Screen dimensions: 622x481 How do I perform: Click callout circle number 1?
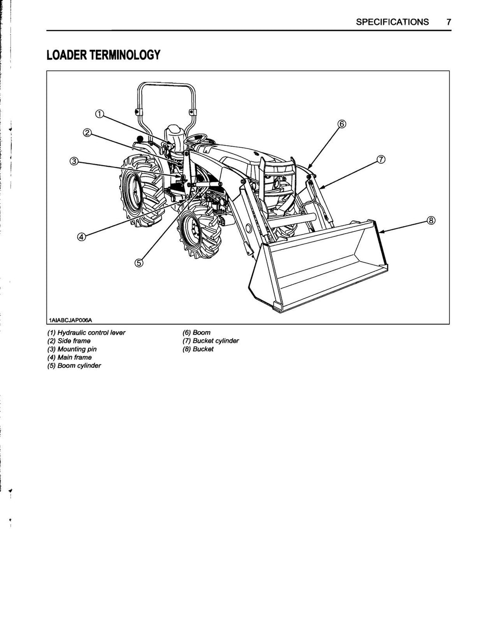point(99,114)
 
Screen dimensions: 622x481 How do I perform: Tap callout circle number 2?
point(87,132)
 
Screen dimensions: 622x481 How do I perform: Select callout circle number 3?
point(74,162)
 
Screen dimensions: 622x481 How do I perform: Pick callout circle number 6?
point(341,124)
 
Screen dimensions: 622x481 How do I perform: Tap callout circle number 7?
point(381,159)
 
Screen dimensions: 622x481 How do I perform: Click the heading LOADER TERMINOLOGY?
point(103,55)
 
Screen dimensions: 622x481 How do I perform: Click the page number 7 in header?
point(449,22)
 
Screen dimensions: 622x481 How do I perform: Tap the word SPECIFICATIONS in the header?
point(392,22)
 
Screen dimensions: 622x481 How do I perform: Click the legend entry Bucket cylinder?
point(211,341)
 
